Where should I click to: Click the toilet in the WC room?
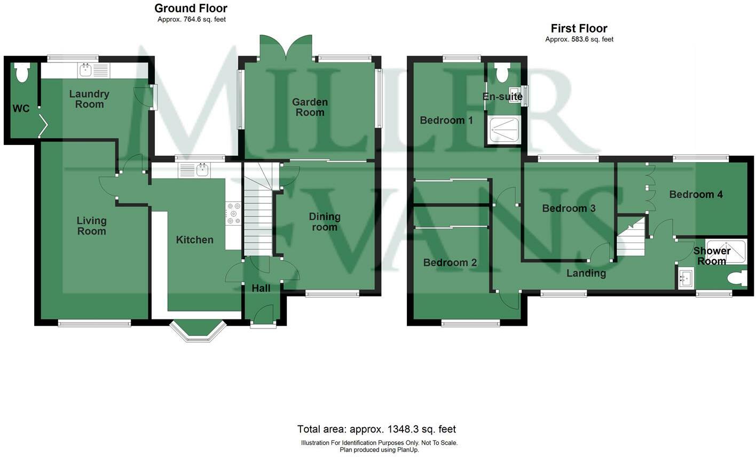(22, 73)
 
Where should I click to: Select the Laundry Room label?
(89, 99)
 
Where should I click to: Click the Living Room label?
(91, 226)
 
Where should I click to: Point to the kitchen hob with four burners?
(233, 213)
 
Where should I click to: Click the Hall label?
(261, 288)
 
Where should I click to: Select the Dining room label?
(325, 222)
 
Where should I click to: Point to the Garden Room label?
(310, 107)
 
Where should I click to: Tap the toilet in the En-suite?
(502, 73)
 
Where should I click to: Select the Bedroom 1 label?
(446, 120)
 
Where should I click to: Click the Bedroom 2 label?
(450, 262)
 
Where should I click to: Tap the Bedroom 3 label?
(569, 208)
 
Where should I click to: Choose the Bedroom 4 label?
(696, 194)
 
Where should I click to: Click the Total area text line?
(376, 429)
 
